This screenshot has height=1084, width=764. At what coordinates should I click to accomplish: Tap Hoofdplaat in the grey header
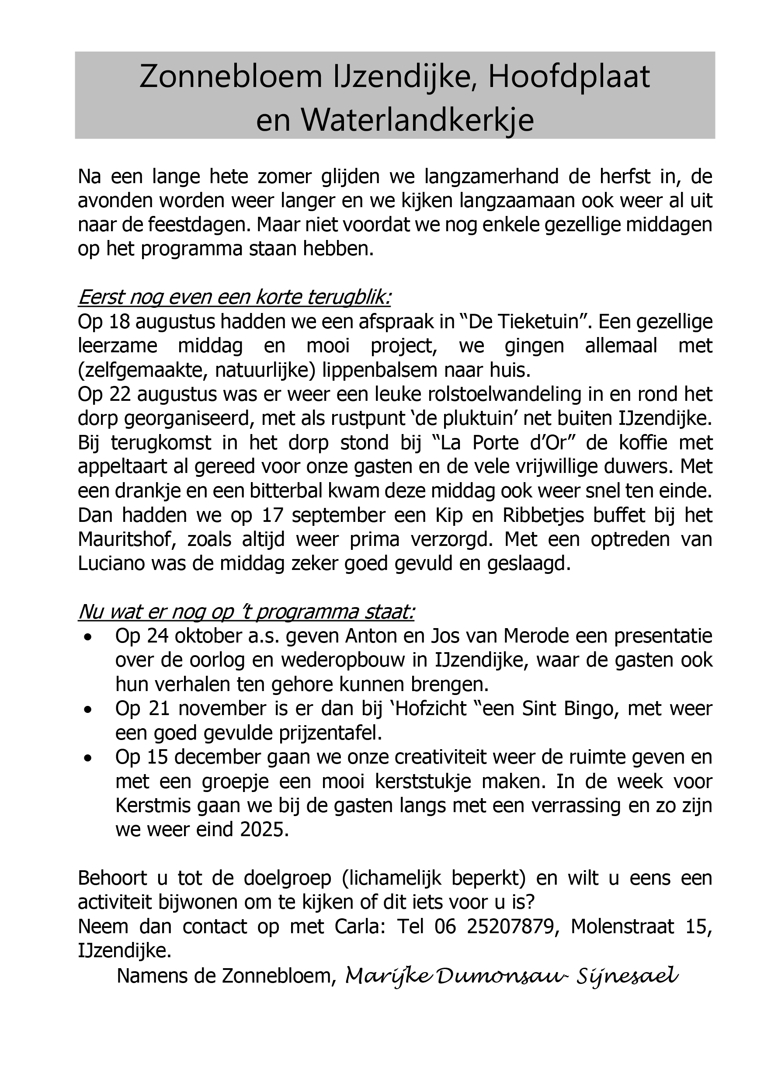pyautogui.click(x=569, y=77)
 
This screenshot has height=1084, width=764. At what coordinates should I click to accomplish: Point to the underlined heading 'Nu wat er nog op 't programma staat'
pyautogui.click(x=246, y=612)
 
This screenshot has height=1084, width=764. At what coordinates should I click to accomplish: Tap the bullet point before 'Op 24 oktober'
pyautogui.click(x=87, y=638)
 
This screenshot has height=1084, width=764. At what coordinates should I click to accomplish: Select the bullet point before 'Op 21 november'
pyautogui.click(x=87, y=710)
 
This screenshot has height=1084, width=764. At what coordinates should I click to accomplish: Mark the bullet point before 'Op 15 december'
pyautogui.click(x=87, y=759)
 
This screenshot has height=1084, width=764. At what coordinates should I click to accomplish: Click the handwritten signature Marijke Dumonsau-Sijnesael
pyautogui.click(x=511, y=976)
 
